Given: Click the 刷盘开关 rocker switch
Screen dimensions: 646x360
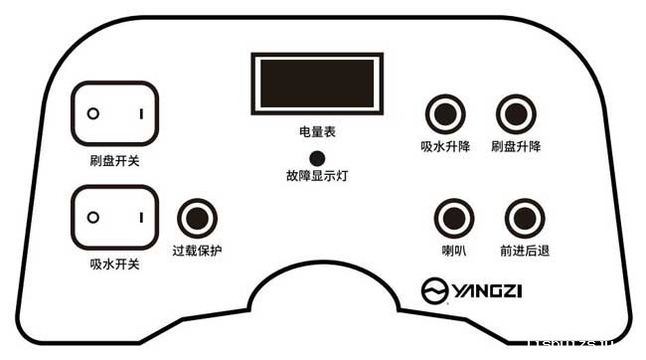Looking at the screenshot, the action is [x=114, y=114].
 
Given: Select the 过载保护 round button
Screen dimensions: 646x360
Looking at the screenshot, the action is [x=197, y=218].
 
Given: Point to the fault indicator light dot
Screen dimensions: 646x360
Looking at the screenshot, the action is [x=317, y=157].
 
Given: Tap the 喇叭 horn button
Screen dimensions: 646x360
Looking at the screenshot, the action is [x=454, y=218].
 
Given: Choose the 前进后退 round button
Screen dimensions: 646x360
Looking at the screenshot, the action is [x=525, y=218].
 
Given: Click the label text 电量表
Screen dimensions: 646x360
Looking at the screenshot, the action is [x=316, y=130].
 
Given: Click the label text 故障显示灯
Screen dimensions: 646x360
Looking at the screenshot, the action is [x=316, y=176].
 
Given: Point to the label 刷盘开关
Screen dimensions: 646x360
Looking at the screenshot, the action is [x=113, y=160].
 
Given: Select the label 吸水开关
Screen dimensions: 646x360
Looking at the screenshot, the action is [x=113, y=264].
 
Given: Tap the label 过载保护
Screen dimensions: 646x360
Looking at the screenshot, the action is [x=197, y=250].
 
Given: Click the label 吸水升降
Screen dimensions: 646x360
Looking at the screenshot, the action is [x=443, y=146].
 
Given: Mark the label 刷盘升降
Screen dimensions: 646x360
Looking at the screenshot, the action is [x=515, y=146].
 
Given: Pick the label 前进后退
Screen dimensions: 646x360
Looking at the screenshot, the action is [x=525, y=250].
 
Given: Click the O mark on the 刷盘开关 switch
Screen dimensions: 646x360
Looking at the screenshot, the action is [x=92, y=114].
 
